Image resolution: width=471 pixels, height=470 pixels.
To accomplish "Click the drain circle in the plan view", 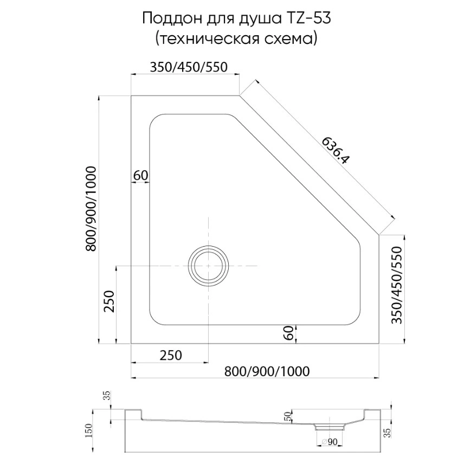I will pos(208,266).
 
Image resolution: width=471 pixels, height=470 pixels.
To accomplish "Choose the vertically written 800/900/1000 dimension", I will pos(91,209).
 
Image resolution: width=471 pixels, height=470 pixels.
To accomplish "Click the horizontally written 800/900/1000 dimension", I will pos(267,371).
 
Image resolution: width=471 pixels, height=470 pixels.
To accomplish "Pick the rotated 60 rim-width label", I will pos(288,333).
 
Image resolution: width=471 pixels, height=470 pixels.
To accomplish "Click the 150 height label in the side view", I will pos(90,432).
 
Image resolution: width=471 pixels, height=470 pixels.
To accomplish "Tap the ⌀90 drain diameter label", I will pos(329,442).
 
